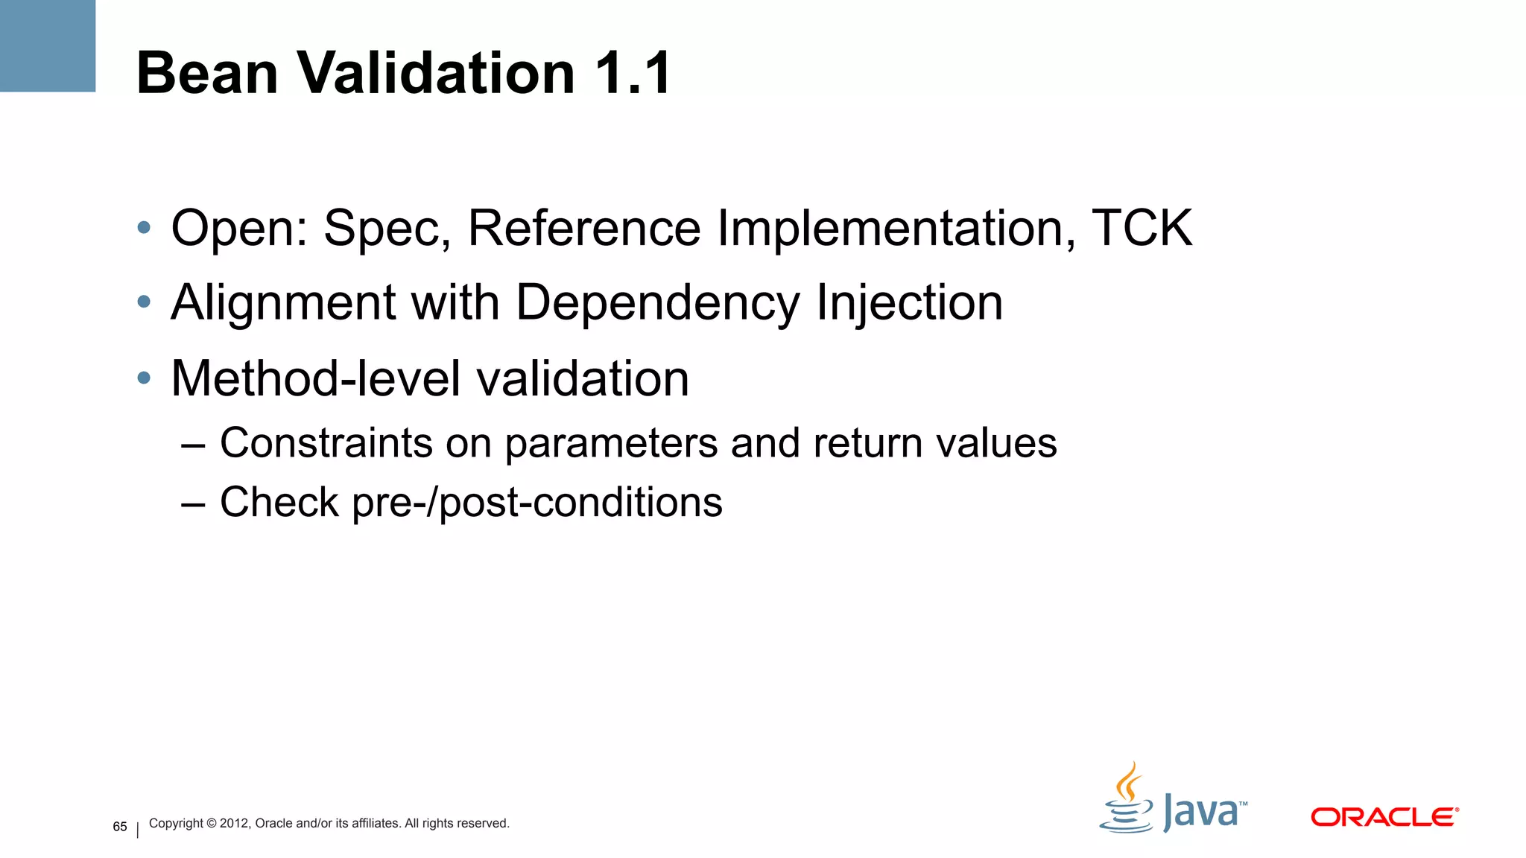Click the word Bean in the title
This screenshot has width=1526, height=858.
(207, 73)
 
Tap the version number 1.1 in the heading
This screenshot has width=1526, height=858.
(633, 73)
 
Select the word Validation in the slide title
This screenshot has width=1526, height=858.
(436, 73)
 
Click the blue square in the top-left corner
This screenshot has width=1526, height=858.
(48, 45)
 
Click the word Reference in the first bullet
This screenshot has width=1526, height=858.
(584, 228)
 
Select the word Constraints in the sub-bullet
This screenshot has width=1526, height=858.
(326, 443)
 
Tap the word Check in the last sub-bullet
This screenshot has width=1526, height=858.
(279, 502)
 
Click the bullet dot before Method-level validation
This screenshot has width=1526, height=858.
(144, 378)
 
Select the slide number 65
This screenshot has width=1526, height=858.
(120, 827)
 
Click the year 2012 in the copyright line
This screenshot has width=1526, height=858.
(234, 823)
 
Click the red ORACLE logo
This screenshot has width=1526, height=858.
(1384, 817)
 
